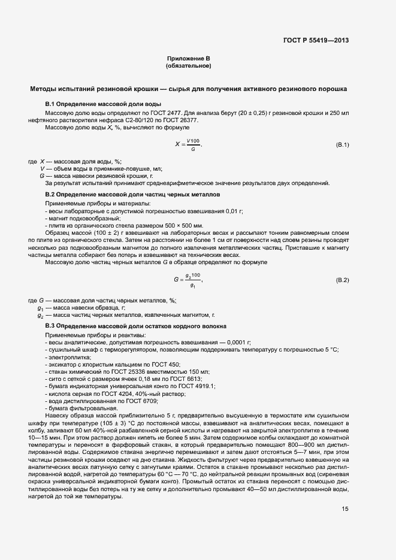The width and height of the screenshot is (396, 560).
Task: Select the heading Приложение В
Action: tap(188, 59)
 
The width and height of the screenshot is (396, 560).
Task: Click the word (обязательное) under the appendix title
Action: tap(188, 65)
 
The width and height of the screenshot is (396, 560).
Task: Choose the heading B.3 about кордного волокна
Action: tap(136, 326)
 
